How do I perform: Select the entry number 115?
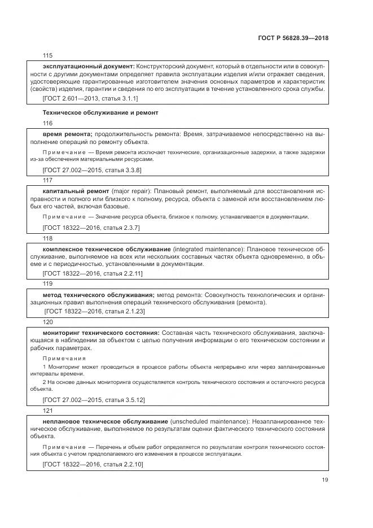47,55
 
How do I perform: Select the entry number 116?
47,123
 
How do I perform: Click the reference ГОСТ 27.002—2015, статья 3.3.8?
92,169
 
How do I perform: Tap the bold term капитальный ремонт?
76,191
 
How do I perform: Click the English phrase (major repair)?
131,191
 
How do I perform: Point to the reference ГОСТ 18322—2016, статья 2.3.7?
91,227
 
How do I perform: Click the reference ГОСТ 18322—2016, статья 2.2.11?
93,273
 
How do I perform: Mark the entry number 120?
47,321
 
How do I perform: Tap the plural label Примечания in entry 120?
64,358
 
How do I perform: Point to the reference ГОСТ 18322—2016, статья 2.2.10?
93,464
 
